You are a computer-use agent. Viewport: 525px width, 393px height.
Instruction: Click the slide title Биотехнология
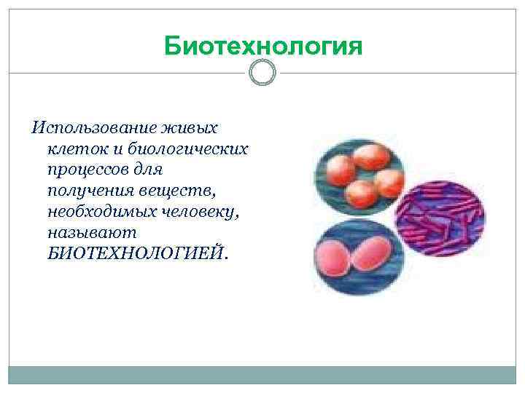(262, 45)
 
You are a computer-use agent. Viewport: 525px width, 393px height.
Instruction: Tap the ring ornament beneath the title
(262, 73)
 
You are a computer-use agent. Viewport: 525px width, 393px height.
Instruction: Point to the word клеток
(75, 149)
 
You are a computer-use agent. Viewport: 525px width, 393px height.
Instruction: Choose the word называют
(81, 232)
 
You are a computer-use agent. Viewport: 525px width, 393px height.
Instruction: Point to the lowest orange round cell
(360, 193)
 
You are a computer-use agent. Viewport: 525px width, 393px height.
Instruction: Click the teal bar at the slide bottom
(262, 375)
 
